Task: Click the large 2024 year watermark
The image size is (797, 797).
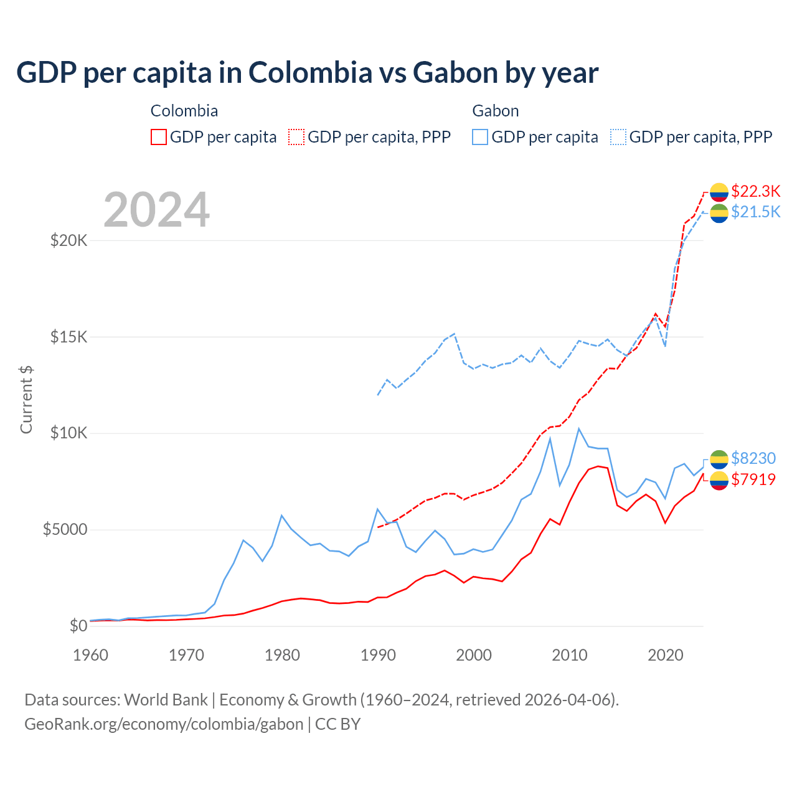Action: pyautogui.click(x=156, y=210)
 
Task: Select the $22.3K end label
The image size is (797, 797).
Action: pyautogui.click(x=755, y=191)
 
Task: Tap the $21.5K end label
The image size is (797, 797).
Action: pyautogui.click(x=755, y=212)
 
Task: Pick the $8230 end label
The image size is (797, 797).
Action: pyautogui.click(x=753, y=458)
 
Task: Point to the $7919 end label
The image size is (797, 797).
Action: pyautogui.click(x=753, y=479)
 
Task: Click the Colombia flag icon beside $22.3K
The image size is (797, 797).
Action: pyautogui.click(x=719, y=192)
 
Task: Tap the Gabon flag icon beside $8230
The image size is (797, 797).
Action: pyautogui.click(x=719, y=459)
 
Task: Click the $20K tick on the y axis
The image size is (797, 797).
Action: pyautogui.click(x=68, y=240)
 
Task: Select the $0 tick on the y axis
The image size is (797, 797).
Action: pyautogui.click(x=78, y=626)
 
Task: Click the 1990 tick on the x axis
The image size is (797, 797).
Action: pyautogui.click(x=378, y=655)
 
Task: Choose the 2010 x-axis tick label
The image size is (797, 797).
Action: pyautogui.click(x=570, y=655)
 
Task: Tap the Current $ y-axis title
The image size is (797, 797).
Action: pyautogui.click(x=26, y=399)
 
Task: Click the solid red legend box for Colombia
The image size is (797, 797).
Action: pyautogui.click(x=159, y=137)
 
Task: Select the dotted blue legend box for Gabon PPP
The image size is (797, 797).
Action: pyautogui.click(x=618, y=137)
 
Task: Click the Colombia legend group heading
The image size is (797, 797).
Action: pyautogui.click(x=184, y=111)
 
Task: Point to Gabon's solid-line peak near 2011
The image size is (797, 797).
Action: pyautogui.click(x=579, y=428)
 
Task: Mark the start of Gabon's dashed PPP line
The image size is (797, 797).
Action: pyautogui.click(x=378, y=395)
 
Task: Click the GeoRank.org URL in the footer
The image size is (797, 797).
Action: pyautogui.click(x=164, y=724)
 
